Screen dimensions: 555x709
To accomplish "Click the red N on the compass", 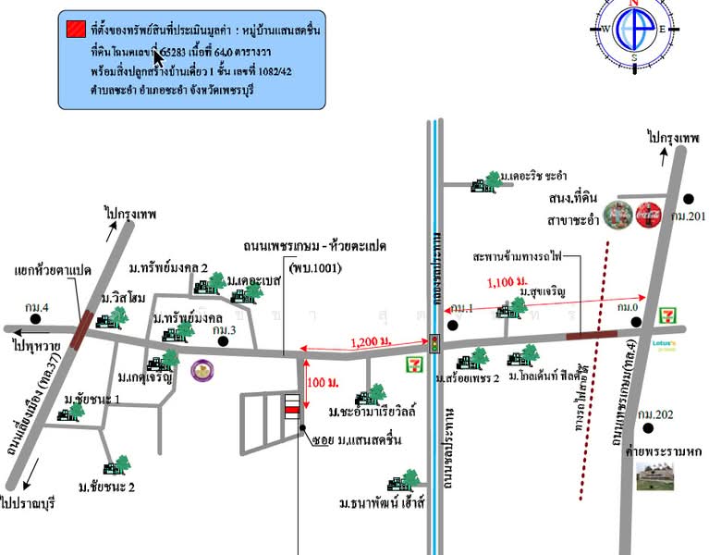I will [634, 4].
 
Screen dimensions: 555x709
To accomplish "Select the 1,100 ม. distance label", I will [507, 280].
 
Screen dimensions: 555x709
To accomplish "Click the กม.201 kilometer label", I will [689, 216].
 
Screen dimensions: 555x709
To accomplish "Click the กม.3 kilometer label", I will [225, 328].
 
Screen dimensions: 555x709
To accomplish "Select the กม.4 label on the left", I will [39, 307].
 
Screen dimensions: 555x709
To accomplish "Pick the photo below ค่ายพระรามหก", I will [655, 475].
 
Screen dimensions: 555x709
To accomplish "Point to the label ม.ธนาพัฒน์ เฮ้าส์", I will [380, 504].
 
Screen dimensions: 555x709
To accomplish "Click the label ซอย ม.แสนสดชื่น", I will [349, 439].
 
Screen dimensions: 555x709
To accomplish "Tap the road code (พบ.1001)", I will [314, 268].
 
